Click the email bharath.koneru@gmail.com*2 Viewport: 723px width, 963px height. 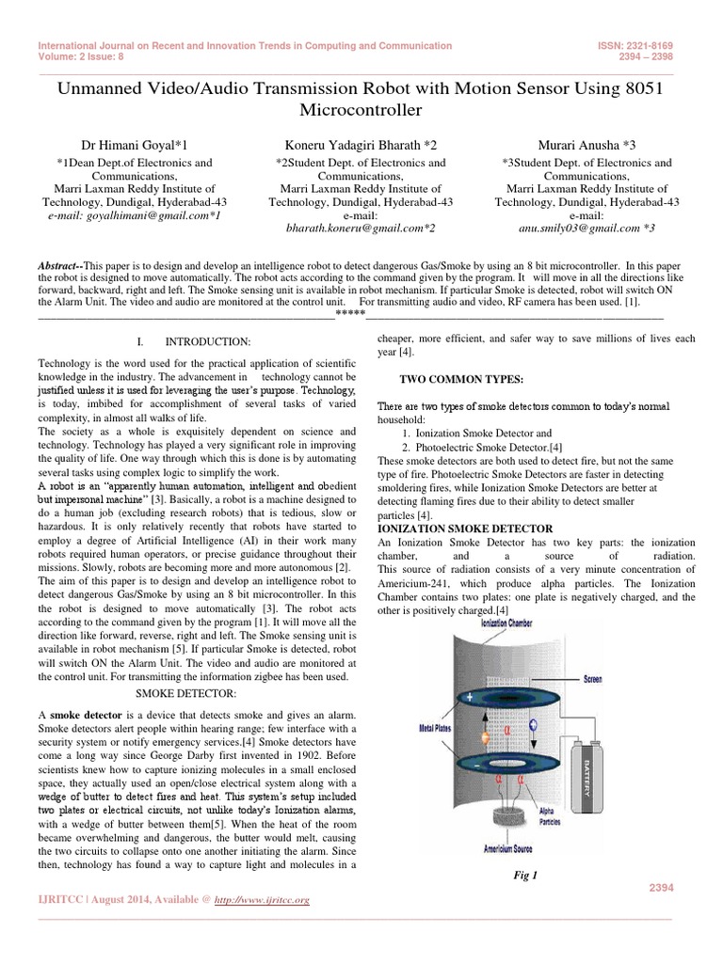(x=361, y=228)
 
